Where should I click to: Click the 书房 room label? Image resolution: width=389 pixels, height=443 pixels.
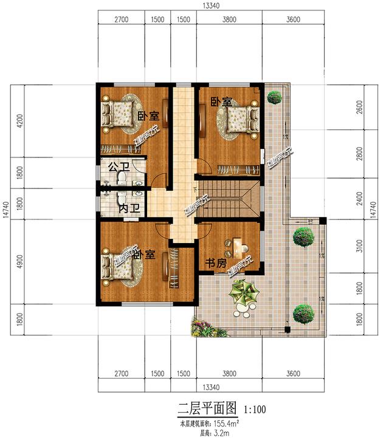pyautogui.click(x=216, y=263)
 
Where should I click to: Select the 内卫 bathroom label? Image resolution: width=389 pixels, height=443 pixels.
pyautogui.click(x=129, y=208)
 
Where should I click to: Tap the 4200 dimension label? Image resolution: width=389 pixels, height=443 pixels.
pyautogui.click(x=19, y=121)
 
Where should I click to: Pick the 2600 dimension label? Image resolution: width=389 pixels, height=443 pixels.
pyautogui.click(x=359, y=107)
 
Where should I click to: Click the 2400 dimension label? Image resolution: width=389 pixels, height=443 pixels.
pyautogui.click(x=359, y=196)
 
